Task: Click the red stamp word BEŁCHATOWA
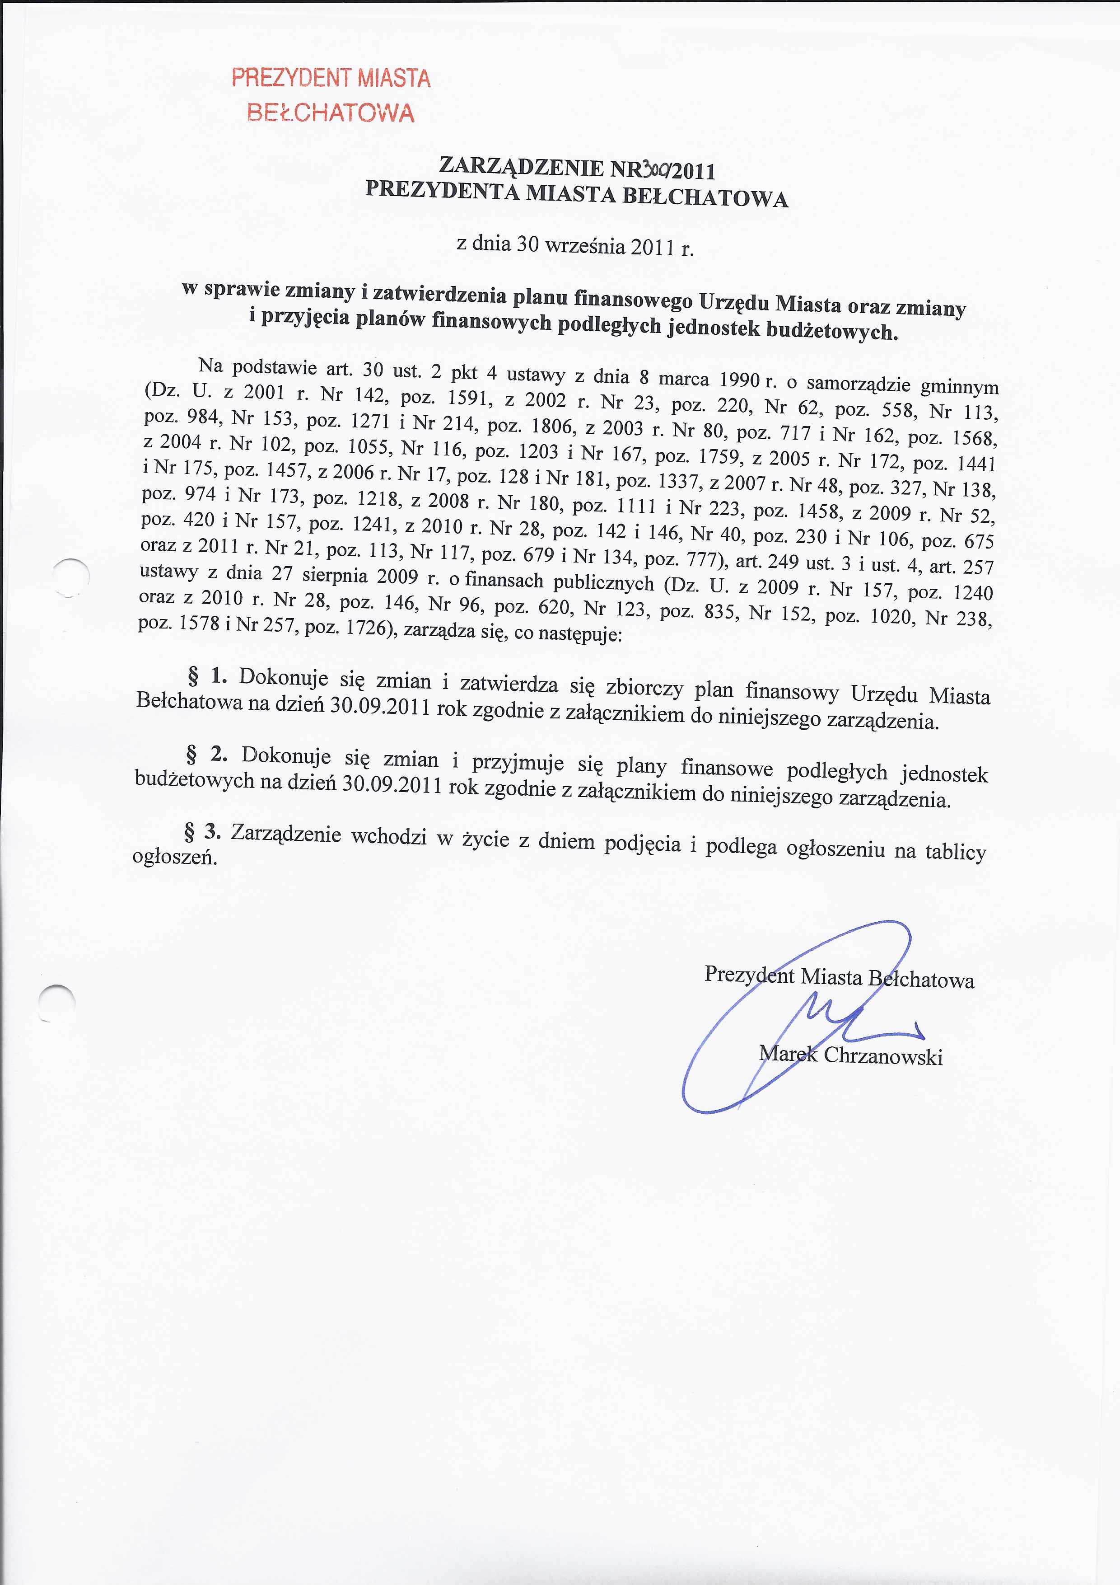(x=331, y=113)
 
